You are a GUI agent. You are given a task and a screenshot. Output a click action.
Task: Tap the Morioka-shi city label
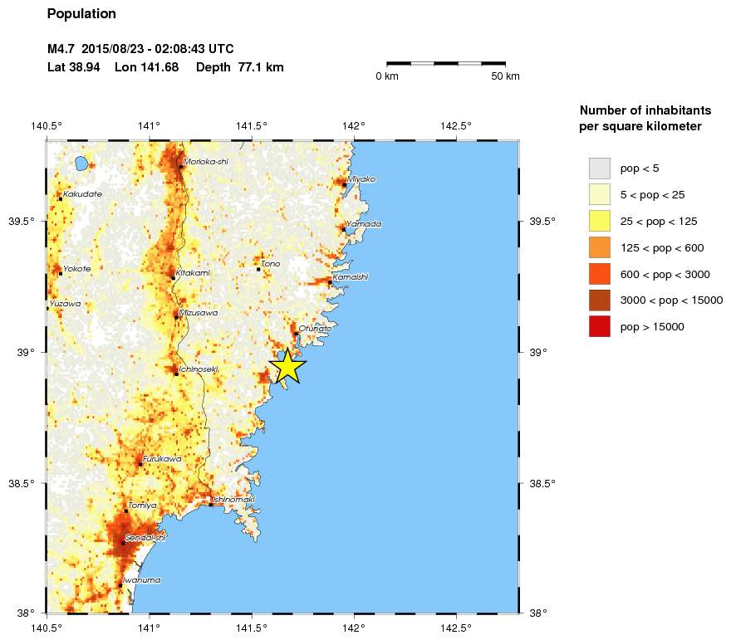pos(205,162)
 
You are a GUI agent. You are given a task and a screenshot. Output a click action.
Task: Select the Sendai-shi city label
pos(145,538)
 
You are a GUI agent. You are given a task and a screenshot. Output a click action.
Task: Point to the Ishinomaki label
pos(233,500)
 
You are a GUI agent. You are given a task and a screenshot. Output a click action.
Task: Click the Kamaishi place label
pos(350,277)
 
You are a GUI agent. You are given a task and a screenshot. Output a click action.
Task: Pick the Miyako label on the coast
pos(361,179)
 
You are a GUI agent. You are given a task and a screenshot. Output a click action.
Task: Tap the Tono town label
pos(271,265)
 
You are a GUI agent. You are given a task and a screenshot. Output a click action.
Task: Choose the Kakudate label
pos(82,194)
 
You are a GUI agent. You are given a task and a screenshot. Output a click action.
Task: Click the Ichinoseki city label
pos(199,369)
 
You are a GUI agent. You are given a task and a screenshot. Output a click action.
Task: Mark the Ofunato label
pos(315,329)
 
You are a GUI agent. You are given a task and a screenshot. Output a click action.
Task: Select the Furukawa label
pos(161,459)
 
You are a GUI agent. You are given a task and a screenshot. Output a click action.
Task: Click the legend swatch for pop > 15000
pos(599,327)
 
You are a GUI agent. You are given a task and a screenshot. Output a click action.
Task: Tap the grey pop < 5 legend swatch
pos(599,168)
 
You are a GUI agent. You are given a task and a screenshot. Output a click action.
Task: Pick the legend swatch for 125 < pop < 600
pos(599,247)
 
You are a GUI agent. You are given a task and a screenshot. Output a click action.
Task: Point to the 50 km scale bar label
pos(505,76)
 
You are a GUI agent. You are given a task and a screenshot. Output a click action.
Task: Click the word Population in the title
pos(81,14)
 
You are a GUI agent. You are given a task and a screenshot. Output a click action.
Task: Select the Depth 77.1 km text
pos(240,67)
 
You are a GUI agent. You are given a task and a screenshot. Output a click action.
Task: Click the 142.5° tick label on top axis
pos(456,126)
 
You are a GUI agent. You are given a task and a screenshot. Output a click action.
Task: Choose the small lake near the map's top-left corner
pos(81,164)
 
